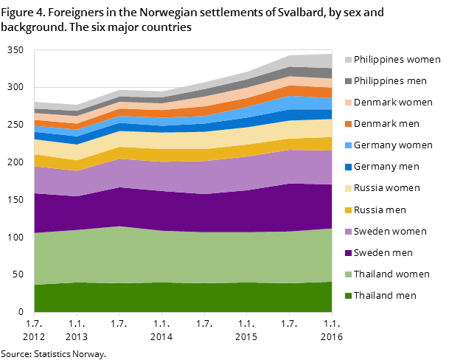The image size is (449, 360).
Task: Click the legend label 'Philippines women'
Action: pyautogui.click(x=397, y=59)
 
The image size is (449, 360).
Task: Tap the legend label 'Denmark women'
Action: pyautogui.click(x=393, y=102)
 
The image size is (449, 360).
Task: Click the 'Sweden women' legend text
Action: pyautogui.click(x=390, y=231)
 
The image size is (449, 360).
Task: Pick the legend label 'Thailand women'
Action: pyautogui.click(x=391, y=274)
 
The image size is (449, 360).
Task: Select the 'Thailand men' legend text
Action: pyautogui.click(x=385, y=296)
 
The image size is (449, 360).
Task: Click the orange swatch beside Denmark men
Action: pyautogui.click(x=348, y=124)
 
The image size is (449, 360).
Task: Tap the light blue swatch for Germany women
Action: pyautogui.click(x=348, y=145)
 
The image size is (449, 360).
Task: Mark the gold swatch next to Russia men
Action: pyautogui.click(x=348, y=210)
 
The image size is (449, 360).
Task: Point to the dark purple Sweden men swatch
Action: pyautogui.click(x=348, y=253)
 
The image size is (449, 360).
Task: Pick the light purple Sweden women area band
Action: pyautogui.click(x=184, y=176)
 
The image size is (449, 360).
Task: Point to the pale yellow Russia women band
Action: pyautogui.click(x=184, y=140)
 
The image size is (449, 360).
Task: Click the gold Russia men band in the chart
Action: pyautogui.click(x=184, y=155)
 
